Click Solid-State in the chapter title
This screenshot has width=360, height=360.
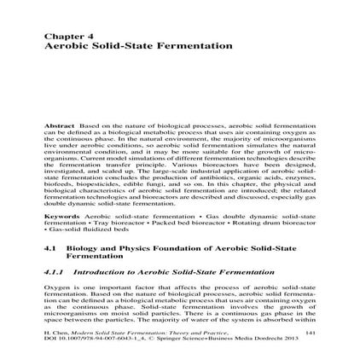pos(111,44)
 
